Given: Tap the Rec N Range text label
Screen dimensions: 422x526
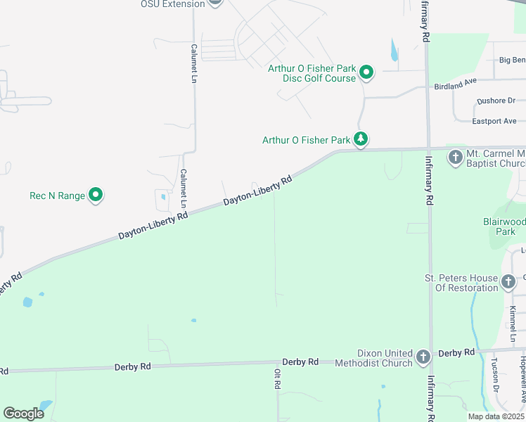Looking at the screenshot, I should pyautogui.click(x=57, y=196).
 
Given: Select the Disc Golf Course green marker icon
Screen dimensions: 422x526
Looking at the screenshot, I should pyautogui.click(x=366, y=72).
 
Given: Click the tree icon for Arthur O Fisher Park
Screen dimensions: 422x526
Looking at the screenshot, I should pyautogui.click(x=361, y=139).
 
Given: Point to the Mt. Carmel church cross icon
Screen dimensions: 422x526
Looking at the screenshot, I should pyautogui.click(x=456, y=158).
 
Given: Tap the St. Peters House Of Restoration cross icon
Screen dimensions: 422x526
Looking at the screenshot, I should pyautogui.click(x=508, y=283).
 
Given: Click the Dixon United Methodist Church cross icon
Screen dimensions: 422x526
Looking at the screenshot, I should pyautogui.click(x=423, y=357).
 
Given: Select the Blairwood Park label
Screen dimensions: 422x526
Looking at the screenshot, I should pyautogui.click(x=505, y=226).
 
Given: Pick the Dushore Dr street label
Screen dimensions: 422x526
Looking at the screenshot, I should pyautogui.click(x=496, y=101).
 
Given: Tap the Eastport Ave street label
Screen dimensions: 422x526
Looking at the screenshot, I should pyautogui.click(x=494, y=121).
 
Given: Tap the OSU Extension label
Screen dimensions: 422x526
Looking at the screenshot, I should pyautogui.click(x=172, y=4).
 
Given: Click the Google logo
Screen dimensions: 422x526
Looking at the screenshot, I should pyautogui.click(x=23, y=414).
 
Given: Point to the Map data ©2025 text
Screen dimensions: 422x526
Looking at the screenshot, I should pyautogui.click(x=496, y=416).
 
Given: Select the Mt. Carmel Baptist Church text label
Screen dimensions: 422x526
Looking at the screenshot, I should pyautogui.click(x=496, y=158).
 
